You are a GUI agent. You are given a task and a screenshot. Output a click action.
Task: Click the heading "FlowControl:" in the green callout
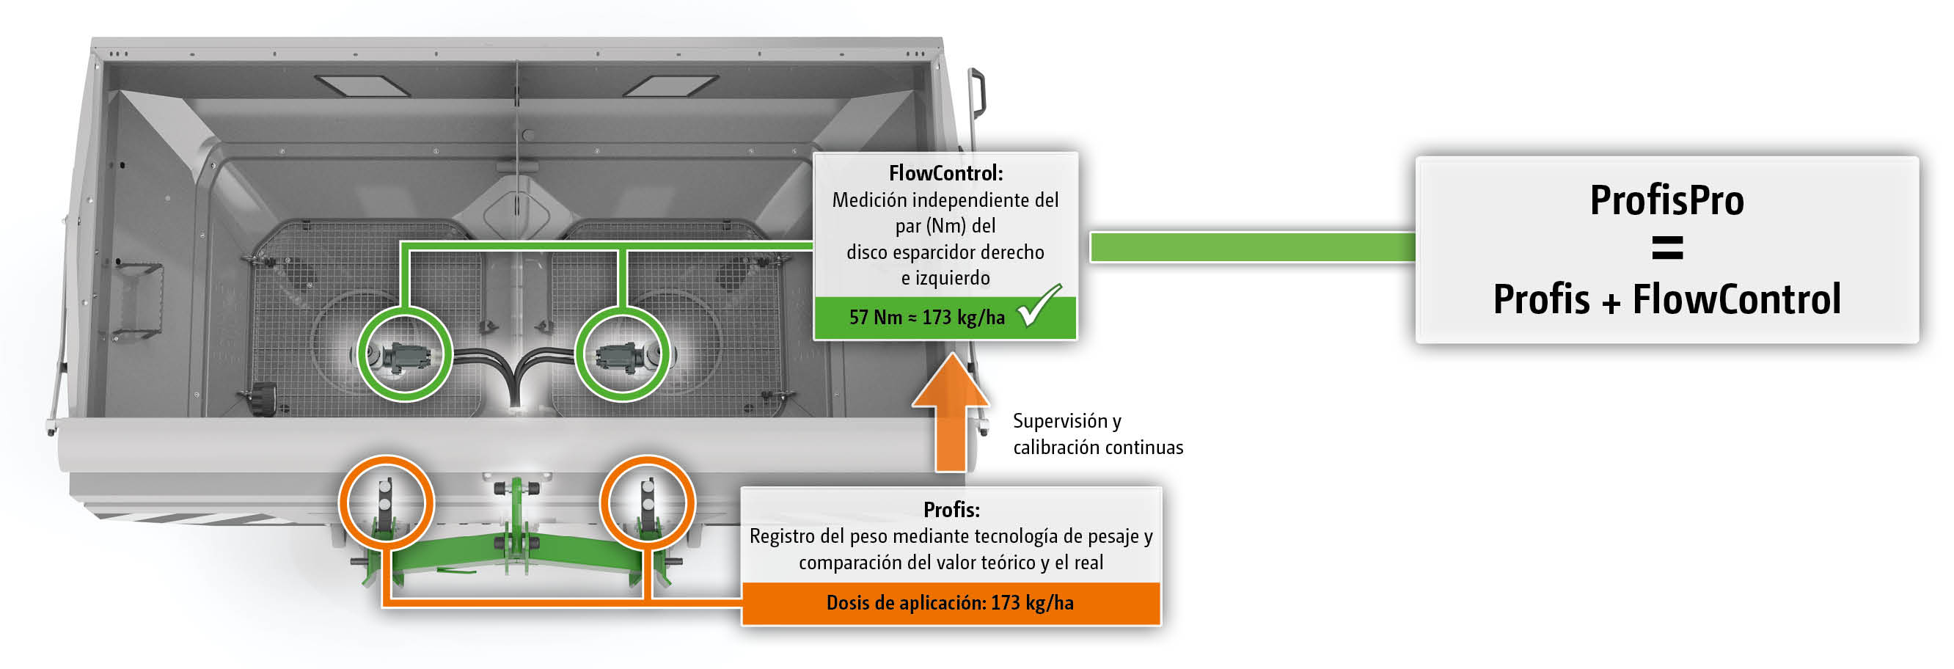945,174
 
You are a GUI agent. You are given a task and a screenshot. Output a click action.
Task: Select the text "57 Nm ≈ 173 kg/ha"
926,318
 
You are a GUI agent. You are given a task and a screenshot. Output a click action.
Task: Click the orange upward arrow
951,413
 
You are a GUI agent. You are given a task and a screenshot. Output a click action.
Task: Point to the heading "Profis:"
951,510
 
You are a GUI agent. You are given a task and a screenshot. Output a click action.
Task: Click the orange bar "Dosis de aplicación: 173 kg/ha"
950,603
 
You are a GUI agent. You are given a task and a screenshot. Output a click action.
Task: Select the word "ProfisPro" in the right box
1666,201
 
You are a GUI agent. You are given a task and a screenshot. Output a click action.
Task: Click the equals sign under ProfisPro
1666,248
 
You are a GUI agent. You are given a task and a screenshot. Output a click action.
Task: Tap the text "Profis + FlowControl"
1666,299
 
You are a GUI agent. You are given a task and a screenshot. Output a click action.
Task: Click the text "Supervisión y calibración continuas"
1097,434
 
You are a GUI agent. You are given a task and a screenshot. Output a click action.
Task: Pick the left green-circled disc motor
404,355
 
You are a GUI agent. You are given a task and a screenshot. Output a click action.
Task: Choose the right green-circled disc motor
622,355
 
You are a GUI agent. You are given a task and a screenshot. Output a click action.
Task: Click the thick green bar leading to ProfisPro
1251,247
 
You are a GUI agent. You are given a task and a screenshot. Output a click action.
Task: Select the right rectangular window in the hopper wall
670,85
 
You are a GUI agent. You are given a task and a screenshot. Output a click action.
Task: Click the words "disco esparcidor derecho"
945,252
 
